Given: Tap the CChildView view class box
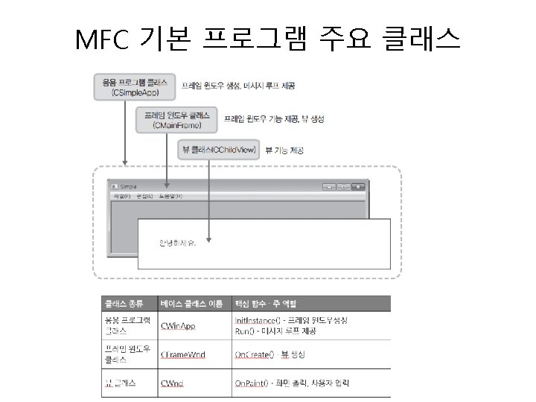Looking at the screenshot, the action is click(219, 150).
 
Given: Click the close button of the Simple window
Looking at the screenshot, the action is click(359, 185).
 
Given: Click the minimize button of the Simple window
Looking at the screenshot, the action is click(330, 185).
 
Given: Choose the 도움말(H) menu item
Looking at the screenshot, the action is click(170, 196).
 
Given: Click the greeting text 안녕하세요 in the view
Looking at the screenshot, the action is click(177, 243).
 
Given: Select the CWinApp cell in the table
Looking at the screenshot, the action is click(179, 325).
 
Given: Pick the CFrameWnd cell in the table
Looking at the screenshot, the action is click(183, 354).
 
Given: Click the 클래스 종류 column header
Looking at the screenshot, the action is click(124, 303).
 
